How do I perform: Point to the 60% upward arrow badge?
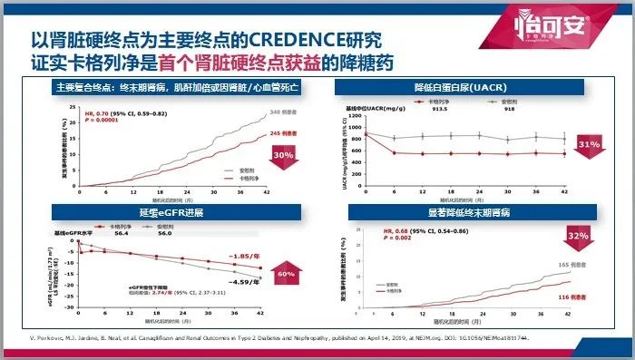tap(287, 272)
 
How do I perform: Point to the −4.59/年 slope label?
tap(246, 283)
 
